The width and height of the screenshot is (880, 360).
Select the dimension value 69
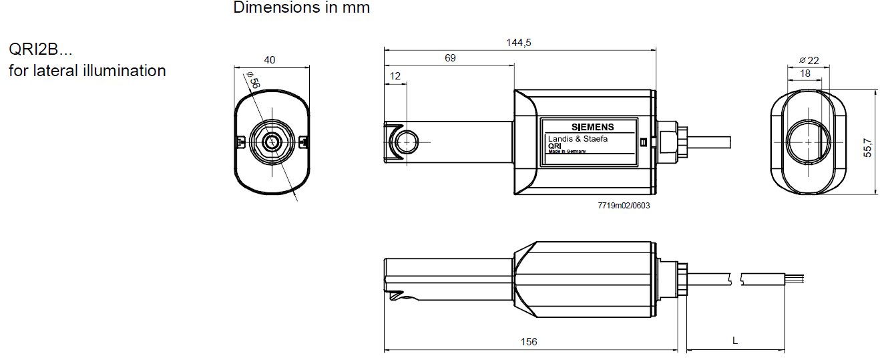450,58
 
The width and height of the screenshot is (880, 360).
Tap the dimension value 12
395,76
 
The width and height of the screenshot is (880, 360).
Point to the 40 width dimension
270,59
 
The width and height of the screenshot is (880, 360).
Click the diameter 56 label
253,81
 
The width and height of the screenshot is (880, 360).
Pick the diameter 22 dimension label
809,60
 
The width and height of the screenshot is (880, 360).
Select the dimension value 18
805,73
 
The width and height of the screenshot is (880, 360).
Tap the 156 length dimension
529,341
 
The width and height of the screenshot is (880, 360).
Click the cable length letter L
735,341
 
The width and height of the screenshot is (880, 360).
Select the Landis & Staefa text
578,138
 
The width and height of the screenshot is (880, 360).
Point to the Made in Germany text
567,152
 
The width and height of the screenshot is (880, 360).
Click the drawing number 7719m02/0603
624,205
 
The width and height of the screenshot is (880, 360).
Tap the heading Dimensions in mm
301,8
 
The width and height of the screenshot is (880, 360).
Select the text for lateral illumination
87,70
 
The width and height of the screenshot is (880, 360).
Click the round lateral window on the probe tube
406,142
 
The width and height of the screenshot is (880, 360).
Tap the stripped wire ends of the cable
795,278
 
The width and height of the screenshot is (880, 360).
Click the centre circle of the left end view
272,142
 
